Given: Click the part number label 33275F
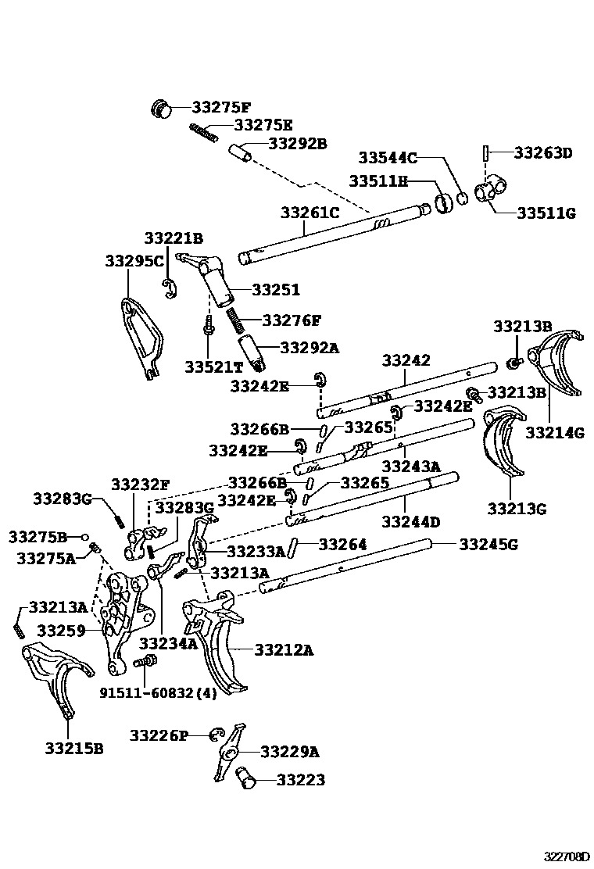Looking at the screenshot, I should click(222, 109).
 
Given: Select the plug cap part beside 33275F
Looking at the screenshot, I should click(162, 109).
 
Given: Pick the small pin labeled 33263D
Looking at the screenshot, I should click(486, 152).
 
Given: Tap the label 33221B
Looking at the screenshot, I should click(173, 238).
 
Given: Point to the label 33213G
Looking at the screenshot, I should click(517, 508).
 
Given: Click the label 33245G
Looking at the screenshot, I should click(488, 544).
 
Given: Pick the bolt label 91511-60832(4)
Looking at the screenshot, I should click(157, 692).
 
